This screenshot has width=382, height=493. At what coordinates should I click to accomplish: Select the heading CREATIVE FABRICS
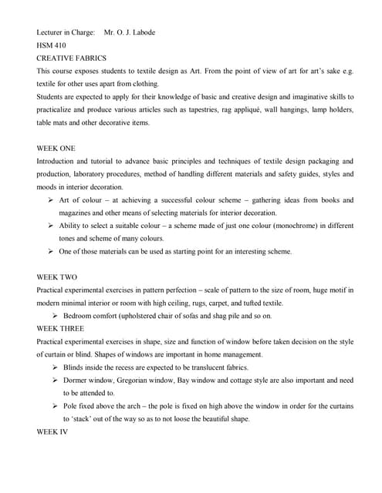[x=72, y=58]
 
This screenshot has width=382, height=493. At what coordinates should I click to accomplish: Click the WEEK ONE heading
[x=56, y=148]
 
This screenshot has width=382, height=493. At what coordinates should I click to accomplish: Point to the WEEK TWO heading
[x=57, y=277]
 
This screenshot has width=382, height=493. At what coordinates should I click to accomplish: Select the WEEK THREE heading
[x=61, y=328]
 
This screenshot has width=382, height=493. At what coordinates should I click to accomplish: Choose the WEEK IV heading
[x=52, y=431]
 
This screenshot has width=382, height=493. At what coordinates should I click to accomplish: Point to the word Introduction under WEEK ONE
[x=59, y=161]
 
